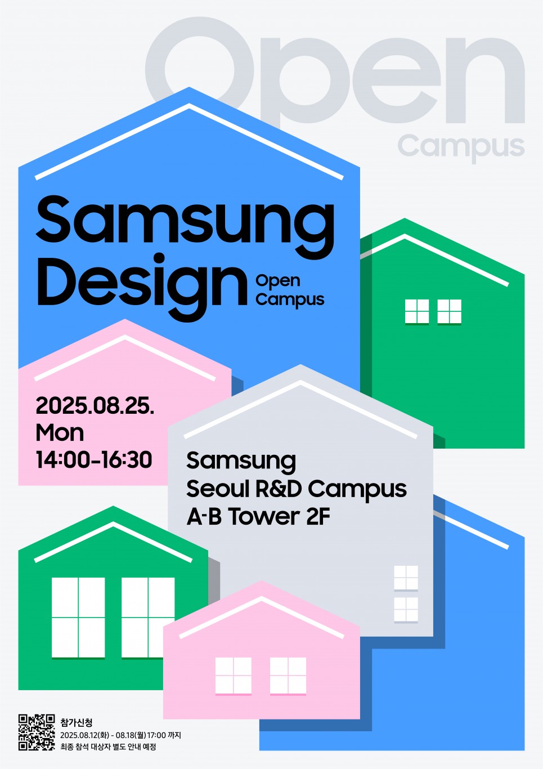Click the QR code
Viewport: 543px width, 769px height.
37,732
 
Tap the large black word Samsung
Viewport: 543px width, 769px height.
185,226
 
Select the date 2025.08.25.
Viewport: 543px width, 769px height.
95,405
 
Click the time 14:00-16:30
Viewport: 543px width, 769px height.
94,460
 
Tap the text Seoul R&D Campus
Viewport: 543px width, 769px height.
296,489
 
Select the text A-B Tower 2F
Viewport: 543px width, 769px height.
258,517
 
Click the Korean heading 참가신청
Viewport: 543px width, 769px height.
76,723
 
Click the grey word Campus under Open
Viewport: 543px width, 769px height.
461,147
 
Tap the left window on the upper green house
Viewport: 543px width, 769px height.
417,311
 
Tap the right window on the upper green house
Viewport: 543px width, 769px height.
449,311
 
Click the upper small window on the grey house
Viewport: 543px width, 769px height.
406,578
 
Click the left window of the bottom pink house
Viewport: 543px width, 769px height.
234,676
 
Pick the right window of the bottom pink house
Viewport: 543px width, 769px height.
288,676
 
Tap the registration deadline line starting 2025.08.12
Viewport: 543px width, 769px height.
120,735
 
